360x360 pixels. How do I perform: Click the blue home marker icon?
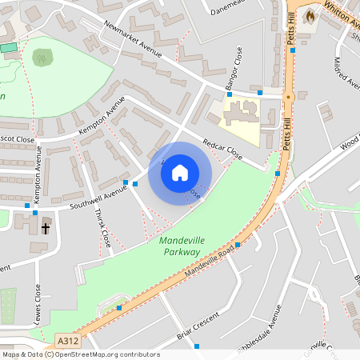180,172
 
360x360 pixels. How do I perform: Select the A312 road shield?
67,342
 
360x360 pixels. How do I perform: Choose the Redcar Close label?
222,146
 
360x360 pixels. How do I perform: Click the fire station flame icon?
310,15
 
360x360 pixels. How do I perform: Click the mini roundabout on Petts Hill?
289,96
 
